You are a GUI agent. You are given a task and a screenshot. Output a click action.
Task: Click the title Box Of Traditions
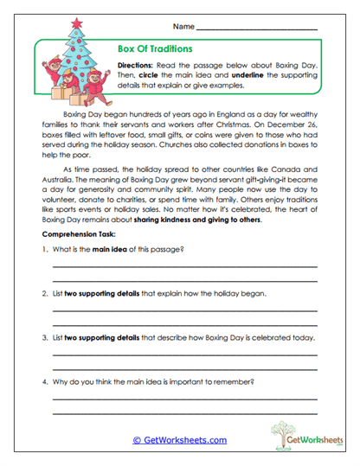tap(154, 49)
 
